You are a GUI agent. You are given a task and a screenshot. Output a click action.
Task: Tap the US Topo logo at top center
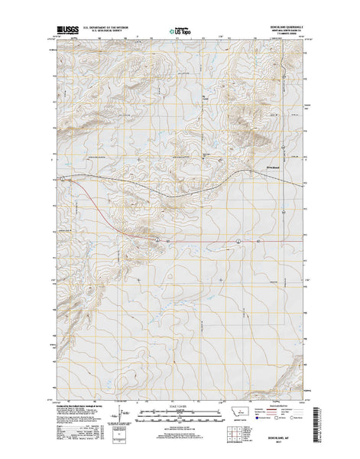pyautogui.click(x=180, y=31)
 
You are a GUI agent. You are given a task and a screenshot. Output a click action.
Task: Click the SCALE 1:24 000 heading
pyautogui.click(x=180, y=405)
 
